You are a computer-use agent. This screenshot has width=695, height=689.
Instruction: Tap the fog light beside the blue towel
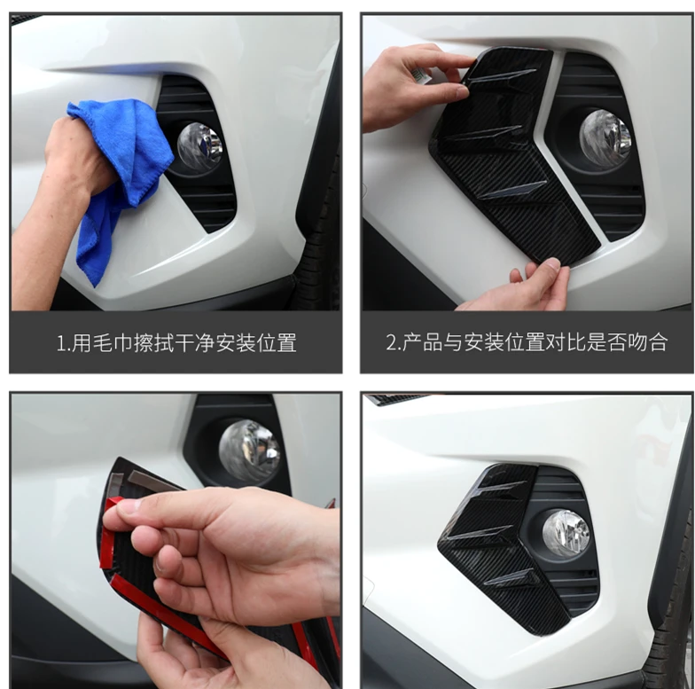[x=199, y=145]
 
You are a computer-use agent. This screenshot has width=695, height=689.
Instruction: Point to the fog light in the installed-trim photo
[x=566, y=533]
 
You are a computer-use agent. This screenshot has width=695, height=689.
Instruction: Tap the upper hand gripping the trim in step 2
[x=412, y=84]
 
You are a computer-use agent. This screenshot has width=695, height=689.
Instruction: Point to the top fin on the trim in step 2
[x=502, y=76]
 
